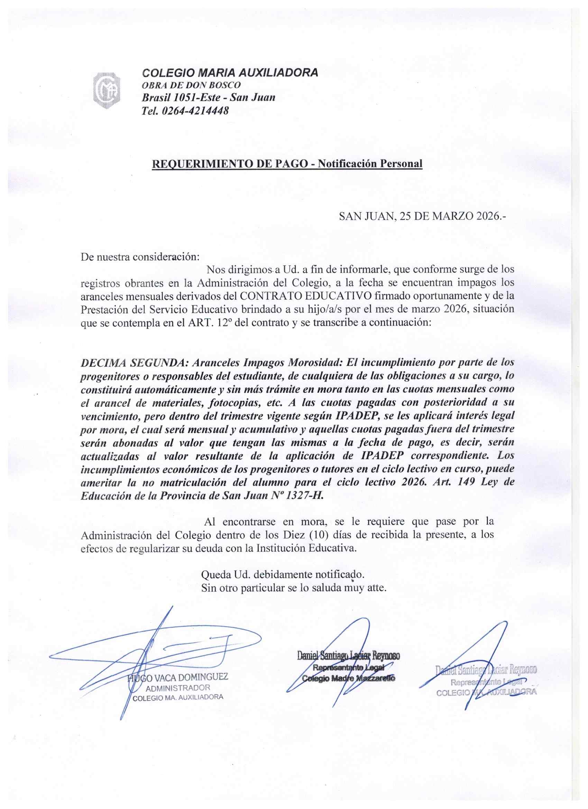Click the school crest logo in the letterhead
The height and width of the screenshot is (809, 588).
pos(107,91)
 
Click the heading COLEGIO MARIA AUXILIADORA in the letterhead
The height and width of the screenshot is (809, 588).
pos(230,73)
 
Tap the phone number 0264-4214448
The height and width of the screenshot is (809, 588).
pos(195,111)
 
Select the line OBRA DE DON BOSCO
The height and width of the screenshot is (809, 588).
pos(191,85)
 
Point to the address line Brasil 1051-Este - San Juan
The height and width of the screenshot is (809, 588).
pos(208,97)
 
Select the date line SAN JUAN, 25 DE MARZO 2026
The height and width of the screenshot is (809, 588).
pos(422,216)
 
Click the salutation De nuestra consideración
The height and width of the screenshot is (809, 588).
pos(140,257)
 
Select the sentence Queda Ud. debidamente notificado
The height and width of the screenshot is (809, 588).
pos(283,574)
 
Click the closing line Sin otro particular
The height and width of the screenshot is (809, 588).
pos(294,588)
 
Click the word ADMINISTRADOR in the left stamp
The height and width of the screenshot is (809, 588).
pos(178,687)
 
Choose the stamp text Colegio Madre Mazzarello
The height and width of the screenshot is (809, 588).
pos(348,679)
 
